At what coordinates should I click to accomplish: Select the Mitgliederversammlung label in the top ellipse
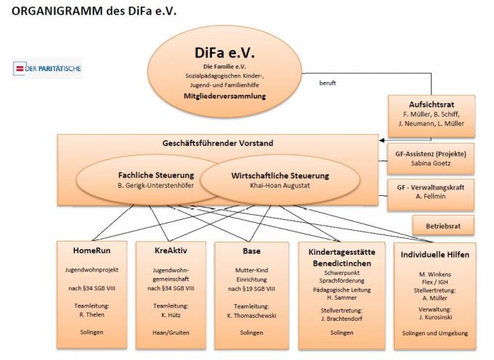pyautogui.click(x=224, y=95)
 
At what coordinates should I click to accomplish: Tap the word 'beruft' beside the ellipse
pyautogui.click(x=327, y=83)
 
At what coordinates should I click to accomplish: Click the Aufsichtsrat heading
pyautogui.click(x=432, y=104)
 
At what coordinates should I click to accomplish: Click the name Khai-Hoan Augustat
pyautogui.click(x=280, y=186)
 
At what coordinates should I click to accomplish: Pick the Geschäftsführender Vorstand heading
pyautogui.click(x=219, y=144)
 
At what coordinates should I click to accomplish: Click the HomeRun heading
pyautogui.click(x=92, y=250)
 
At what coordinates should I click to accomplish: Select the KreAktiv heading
pyautogui.click(x=170, y=250)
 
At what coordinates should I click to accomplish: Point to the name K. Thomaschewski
pyautogui.click(x=249, y=316)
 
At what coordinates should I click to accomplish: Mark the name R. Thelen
pyautogui.click(x=92, y=316)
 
